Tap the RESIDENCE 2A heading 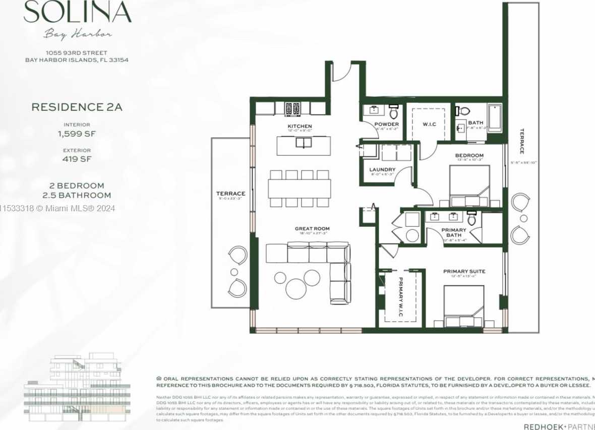(77, 107)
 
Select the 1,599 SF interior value (77, 134)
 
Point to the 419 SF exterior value (77, 159)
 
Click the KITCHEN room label (300, 126)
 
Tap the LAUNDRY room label (382, 170)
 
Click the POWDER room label (386, 124)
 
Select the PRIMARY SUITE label (464, 272)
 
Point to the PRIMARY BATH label (454, 232)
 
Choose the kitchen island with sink (304, 145)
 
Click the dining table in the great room (300, 189)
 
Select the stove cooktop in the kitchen (292, 108)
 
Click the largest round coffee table (296, 288)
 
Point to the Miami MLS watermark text (57, 208)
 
